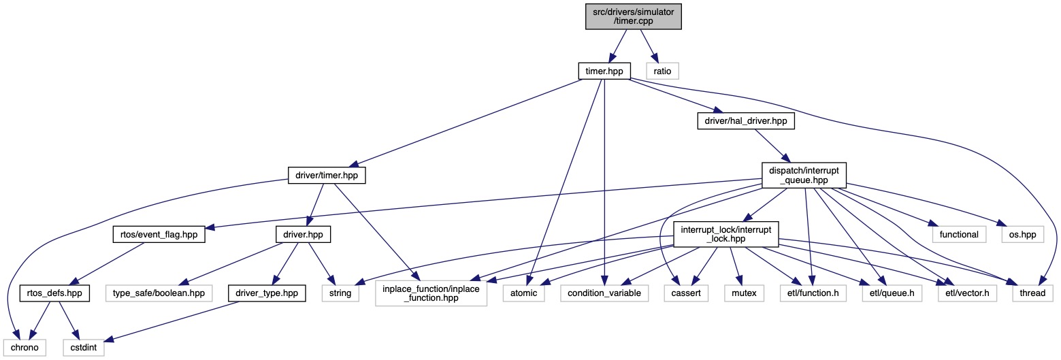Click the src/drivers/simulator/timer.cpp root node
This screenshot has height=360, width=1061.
tap(634, 16)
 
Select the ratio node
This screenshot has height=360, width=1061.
tap(662, 70)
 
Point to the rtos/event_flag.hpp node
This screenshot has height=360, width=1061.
tap(159, 234)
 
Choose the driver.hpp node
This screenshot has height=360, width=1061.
tap(303, 234)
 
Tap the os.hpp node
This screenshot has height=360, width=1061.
tap(1019, 234)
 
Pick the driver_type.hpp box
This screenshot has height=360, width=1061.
tap(266, 293)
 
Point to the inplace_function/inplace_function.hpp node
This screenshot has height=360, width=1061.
tap(431, 293)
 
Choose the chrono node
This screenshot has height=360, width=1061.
tap(23, 347)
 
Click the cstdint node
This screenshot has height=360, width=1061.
tap(84, 347)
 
